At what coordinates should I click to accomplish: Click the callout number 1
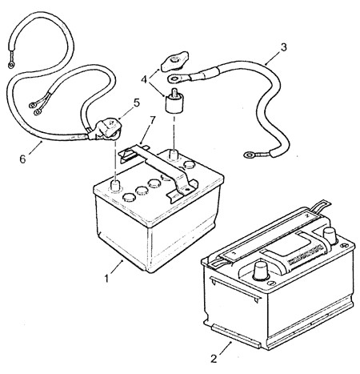point(106,279)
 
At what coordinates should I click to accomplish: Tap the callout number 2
point(214,359)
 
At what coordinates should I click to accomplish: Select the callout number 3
point(284,47)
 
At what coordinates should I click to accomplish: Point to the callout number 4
point(144,79)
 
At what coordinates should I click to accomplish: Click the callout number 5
point(137,103)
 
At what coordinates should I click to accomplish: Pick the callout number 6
point(22,159)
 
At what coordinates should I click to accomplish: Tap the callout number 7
point(152,121)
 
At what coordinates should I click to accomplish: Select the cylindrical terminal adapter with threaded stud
point(174,102)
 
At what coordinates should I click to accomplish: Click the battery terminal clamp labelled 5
point(106,130)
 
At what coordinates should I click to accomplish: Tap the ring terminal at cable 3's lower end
point(254,155)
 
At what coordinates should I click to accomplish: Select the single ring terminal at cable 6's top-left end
point(11,63)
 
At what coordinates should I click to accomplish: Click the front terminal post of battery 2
point(261,271)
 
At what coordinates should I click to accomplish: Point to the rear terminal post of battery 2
point(330,235)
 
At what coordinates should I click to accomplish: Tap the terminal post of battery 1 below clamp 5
point(115,186)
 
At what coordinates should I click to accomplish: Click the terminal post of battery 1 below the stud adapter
point(174,155)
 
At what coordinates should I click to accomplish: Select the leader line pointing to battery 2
point(225,348)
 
